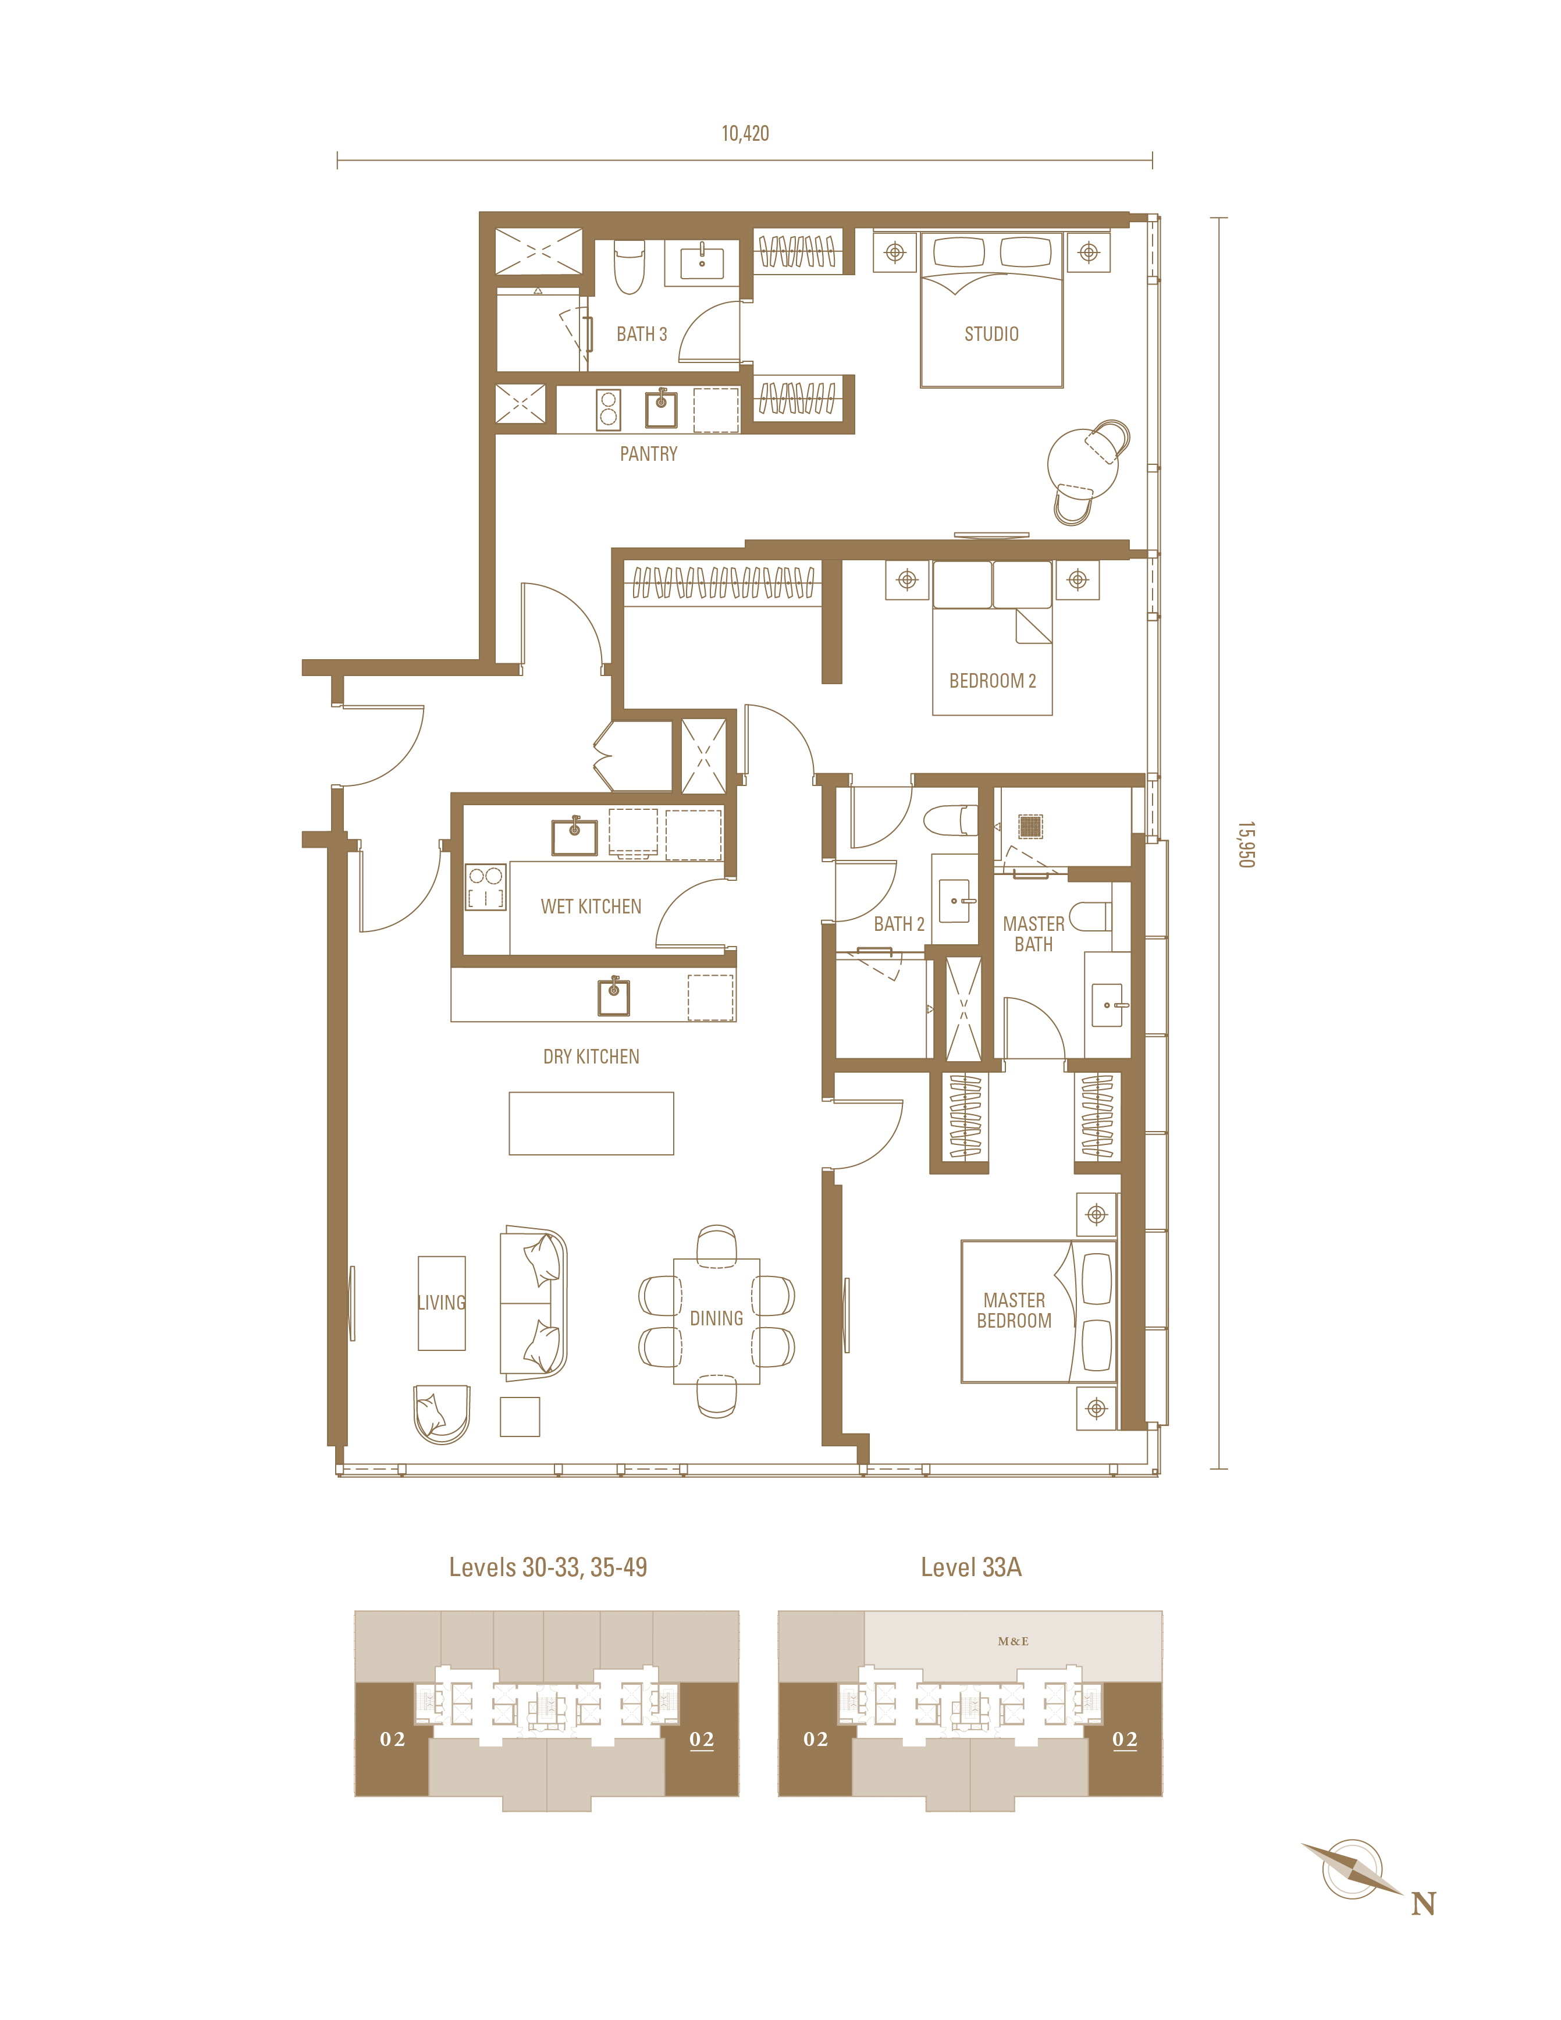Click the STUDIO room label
991,334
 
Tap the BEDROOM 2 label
992,681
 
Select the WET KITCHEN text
591,906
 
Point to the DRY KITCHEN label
591,1056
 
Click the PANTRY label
648,454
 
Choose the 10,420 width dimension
745,133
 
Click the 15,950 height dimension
1246,844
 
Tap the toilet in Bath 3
629,266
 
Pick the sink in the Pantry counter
661,408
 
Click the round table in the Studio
1082,463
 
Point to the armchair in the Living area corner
442,1413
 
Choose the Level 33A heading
971,1567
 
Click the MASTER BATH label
1034,934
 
